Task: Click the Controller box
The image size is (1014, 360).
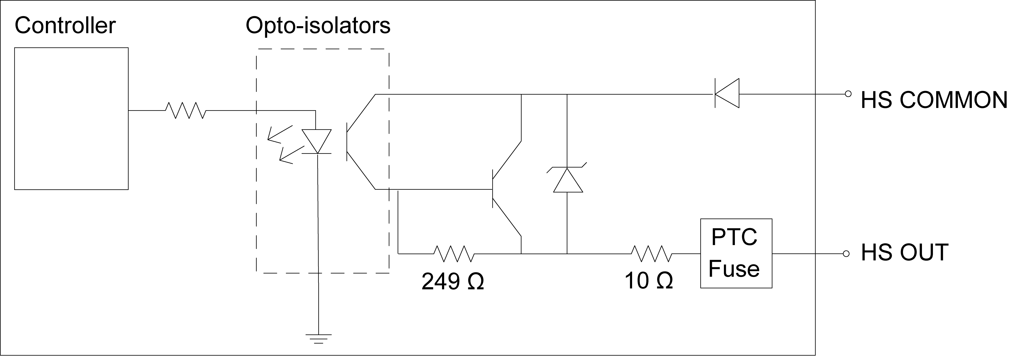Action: tap(71, 118)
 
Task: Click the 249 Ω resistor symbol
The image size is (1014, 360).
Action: tap(454, 254)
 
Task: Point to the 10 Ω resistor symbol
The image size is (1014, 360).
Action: tap(652, 254)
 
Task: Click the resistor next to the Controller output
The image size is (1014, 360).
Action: tap(185, 110)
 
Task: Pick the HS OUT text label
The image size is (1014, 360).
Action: tap(904, 253)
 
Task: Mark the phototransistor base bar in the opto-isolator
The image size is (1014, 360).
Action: tap(347, 142)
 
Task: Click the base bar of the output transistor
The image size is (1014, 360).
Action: tap(493, 189)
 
